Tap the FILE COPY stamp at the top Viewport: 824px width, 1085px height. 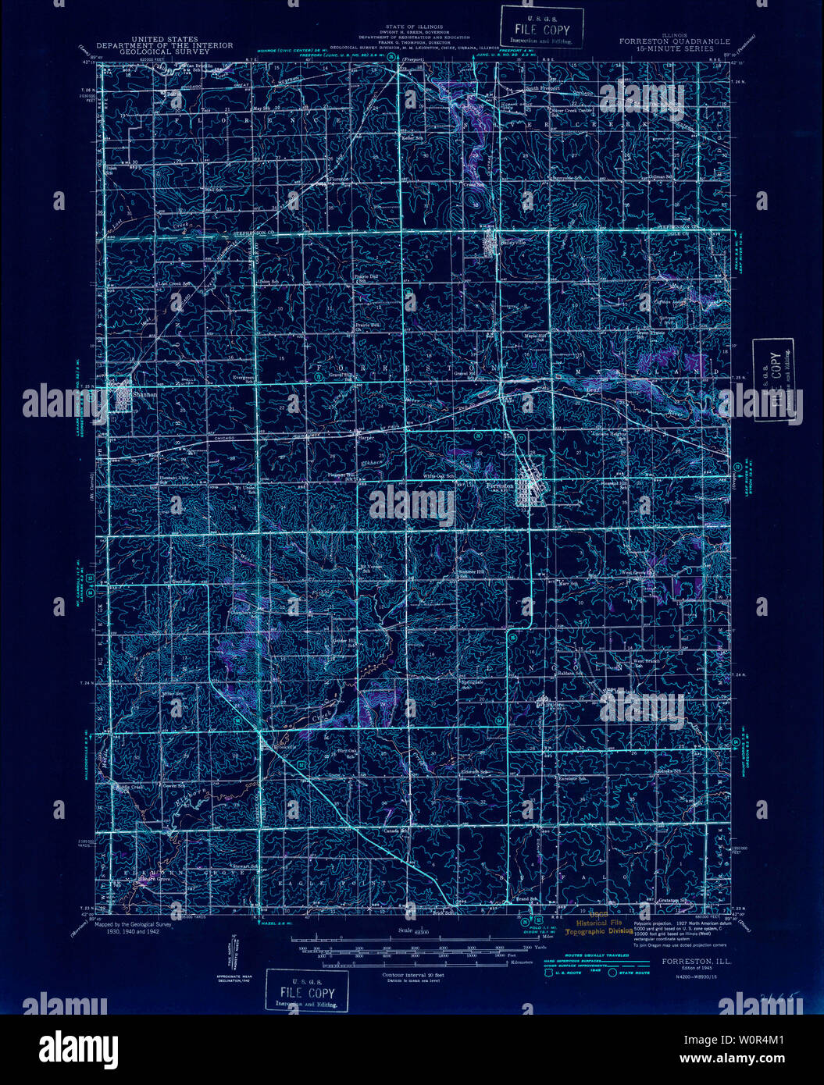click(x=542, y=30)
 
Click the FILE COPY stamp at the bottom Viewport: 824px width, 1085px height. click(x=307, y=992)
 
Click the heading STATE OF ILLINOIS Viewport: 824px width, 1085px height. click(x=414, y=25)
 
